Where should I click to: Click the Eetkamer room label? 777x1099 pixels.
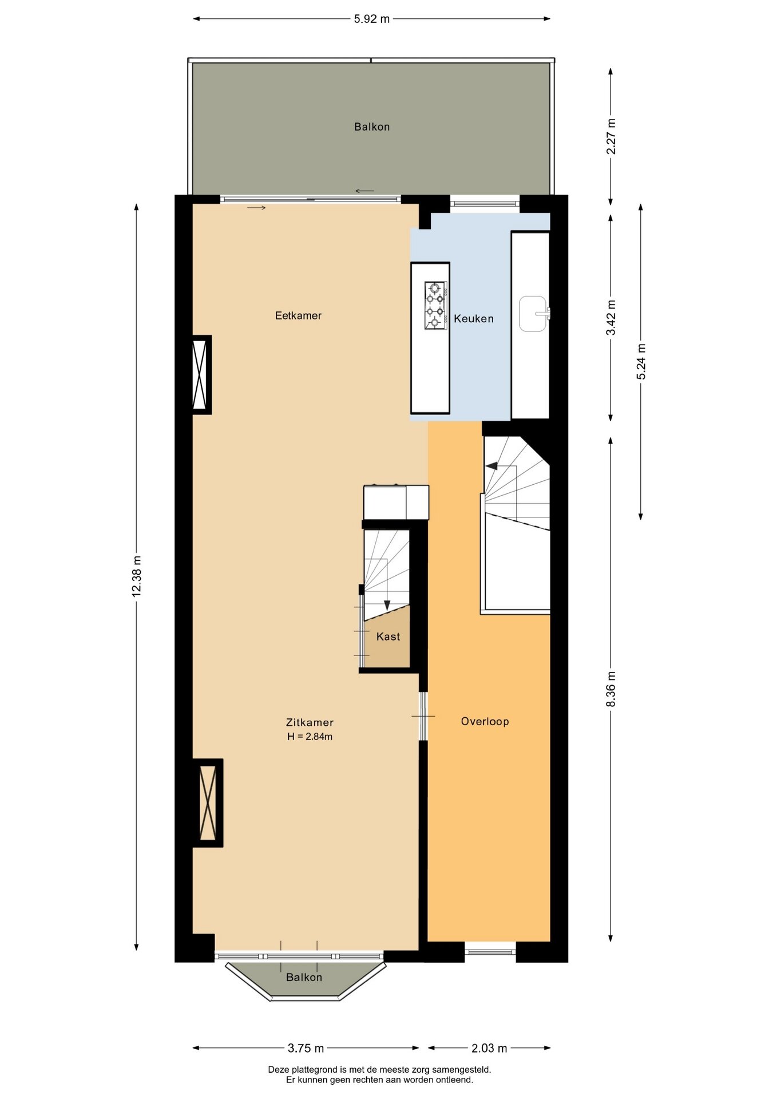point(298,315)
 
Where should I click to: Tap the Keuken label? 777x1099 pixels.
point(474,319)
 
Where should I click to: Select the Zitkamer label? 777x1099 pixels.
point(310,722)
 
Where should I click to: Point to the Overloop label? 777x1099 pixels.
point(485,721)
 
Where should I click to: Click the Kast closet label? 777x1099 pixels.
point(388,637)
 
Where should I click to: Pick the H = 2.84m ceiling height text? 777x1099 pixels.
point(310,737)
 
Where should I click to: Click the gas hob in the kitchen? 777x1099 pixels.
point(435,305)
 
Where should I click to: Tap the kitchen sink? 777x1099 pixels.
point(534,313)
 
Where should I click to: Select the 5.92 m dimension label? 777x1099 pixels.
point(372,19)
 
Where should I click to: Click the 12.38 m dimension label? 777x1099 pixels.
point(136,576)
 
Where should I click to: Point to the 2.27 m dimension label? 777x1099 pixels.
point(611,136)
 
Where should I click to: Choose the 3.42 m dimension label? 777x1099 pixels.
point(611,318)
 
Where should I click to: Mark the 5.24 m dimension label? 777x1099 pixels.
point(641,362)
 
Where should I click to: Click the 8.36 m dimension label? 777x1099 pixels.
point(611,689)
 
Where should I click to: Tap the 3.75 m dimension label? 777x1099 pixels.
point(306,1048)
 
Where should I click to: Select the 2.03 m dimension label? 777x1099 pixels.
point(489,1048)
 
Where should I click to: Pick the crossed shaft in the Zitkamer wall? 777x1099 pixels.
point(208,802)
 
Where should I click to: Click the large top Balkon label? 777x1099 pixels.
point(372,127)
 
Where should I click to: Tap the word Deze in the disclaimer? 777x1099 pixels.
point(279,1069)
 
